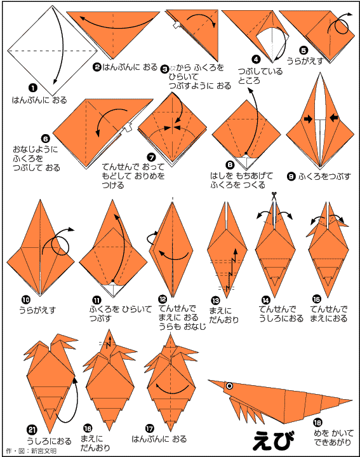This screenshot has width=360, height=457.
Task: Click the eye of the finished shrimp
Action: coord(229,386)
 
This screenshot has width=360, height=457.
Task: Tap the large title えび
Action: coord(274,440)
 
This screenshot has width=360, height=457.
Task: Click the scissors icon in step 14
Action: coord(274,196)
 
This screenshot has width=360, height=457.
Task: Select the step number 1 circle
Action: coord(32,88)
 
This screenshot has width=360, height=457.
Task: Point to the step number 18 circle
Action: coord(317,422)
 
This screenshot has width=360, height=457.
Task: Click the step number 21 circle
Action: coord(32,430)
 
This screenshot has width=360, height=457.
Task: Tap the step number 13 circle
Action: coord(215,301)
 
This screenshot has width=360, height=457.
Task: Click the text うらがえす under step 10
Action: coord(37,310)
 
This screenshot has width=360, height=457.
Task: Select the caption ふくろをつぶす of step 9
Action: coord(324,176)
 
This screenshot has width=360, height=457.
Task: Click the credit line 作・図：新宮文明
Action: coord(32,451)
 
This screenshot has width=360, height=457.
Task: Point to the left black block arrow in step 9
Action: coord(308,119)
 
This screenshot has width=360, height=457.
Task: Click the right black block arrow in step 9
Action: coord(335,118)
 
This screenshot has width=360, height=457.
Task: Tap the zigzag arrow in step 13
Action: coord(231,269)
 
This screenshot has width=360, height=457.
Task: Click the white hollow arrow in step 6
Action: coord(128,126)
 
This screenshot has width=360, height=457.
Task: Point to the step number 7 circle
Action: coord(151,158)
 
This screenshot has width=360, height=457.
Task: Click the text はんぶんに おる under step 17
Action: coord(159,439)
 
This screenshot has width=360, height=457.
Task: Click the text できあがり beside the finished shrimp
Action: coord(332,442)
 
